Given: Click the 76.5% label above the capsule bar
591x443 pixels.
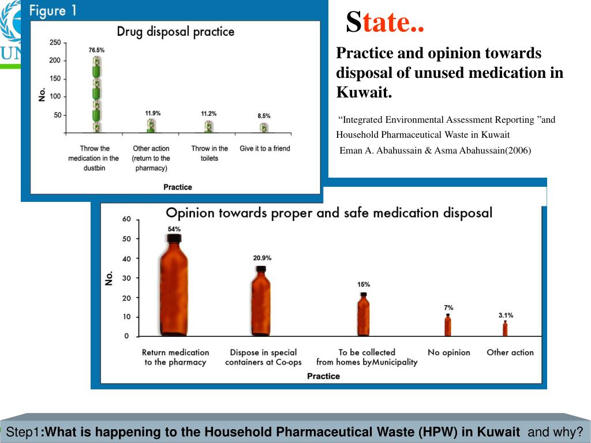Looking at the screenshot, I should pyautogui.click(x=96, y=51).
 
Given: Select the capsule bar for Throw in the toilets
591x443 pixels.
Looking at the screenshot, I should pyautogui.click(x=209, y=126).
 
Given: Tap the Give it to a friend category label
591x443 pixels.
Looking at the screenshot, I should pyautogui.click(x=265, y=149).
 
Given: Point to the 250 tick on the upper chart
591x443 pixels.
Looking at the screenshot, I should pyautogui.click(x=55, y=43).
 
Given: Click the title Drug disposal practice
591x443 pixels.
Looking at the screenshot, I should pyautogui.click(x=175, y=31).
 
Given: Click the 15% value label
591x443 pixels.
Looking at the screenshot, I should pyautogui.click(x=364, y=284).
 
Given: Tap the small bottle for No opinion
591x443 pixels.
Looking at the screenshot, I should pyautogui.click(x=448, y=326).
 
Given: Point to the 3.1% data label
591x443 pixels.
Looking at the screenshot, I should pyautogui.click(x=506, y=316).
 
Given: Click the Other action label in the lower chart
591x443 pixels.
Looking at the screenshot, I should pyautogui.click(x=510, y=352).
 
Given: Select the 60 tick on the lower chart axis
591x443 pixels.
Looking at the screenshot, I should pyautogui.click(x=126, y=219).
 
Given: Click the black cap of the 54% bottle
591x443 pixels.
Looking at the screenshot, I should pyautogui.click(x=174, y=237).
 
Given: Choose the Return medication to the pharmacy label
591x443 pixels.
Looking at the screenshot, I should pyautogui.click(x=175, y=357).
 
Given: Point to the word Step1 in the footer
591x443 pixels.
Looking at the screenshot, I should pyautogui.click(x=22, y=432).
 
